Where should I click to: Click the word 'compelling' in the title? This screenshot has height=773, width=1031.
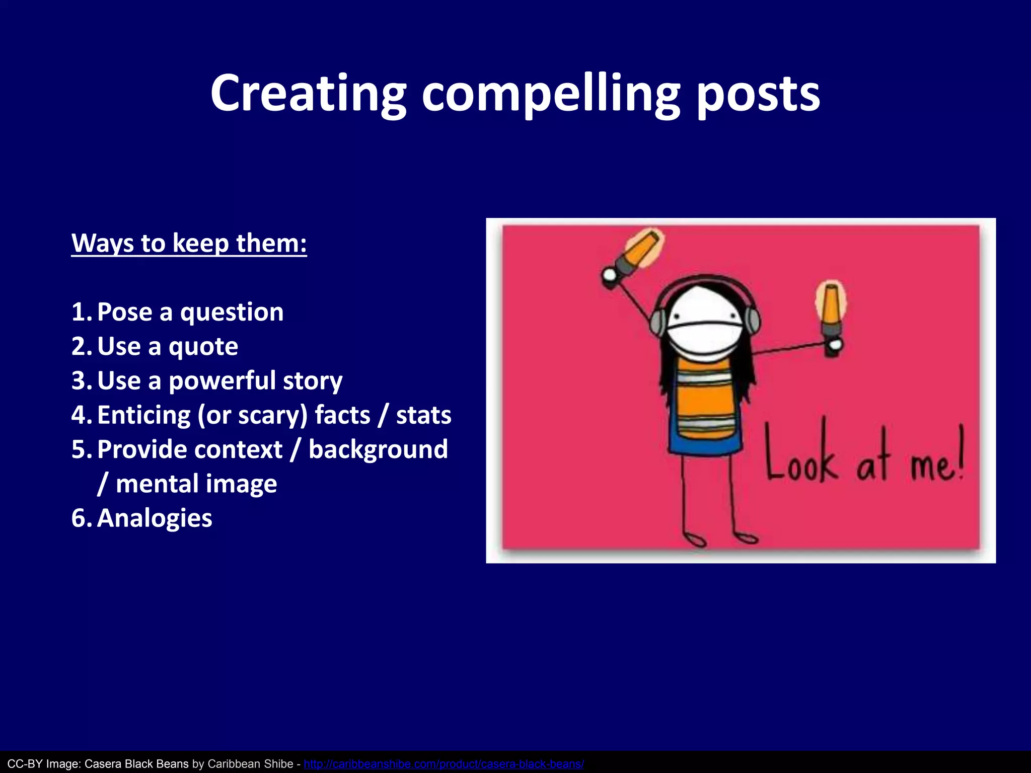click(551, 94)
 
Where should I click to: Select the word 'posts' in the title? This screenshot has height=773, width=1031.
click(759, 94)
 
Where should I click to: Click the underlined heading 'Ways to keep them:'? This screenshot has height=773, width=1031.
click(189, 243)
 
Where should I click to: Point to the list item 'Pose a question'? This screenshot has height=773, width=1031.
click(190, 312)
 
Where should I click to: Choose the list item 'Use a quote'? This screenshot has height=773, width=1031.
click(167, 346)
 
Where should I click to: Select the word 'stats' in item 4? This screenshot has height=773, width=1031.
click(423, 415)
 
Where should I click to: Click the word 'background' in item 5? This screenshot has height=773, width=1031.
click(378, 449)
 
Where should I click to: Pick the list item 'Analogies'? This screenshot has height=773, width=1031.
click(155, 518)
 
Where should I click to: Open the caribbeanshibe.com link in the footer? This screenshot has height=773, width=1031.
click(444, 764)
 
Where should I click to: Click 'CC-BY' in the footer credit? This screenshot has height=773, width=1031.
click(25, 764)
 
